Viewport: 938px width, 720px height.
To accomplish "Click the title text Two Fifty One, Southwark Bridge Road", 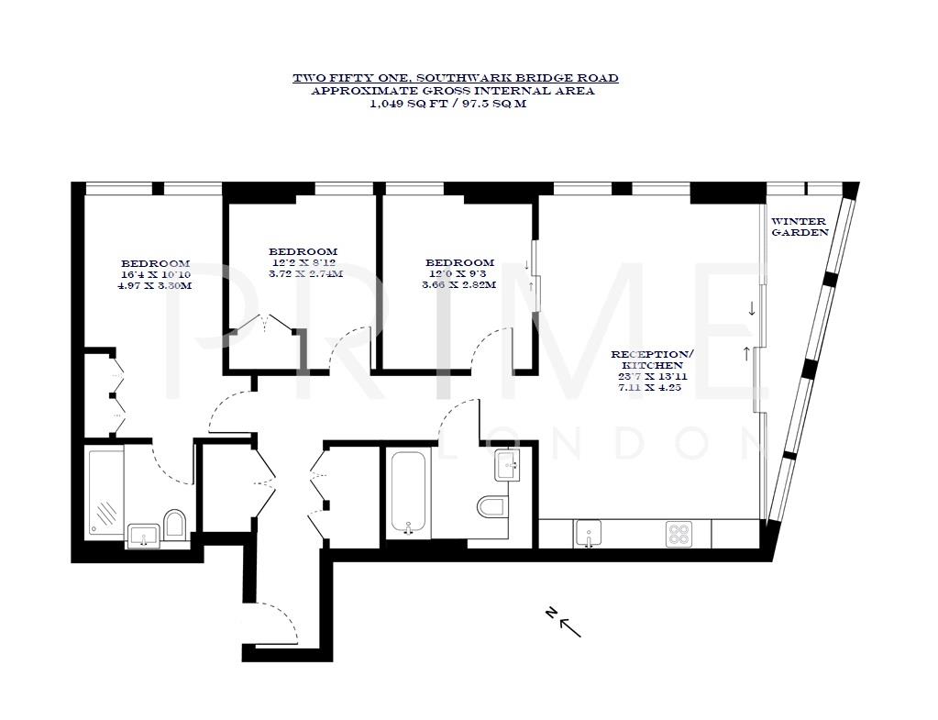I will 455,78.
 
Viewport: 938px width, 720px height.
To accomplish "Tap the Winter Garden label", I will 799,227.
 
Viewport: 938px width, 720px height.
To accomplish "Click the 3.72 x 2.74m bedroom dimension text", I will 305,273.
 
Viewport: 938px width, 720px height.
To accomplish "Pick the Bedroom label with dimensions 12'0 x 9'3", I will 459,262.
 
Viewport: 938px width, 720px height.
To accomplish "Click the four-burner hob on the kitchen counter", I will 679,533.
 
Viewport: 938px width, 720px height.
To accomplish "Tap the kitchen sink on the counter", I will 588,532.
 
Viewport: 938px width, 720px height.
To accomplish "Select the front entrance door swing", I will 280,624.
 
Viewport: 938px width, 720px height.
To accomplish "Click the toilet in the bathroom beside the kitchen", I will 491,506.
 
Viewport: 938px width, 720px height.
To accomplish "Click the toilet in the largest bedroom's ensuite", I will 174,524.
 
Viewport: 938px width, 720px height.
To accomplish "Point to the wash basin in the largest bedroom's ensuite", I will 142,535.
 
